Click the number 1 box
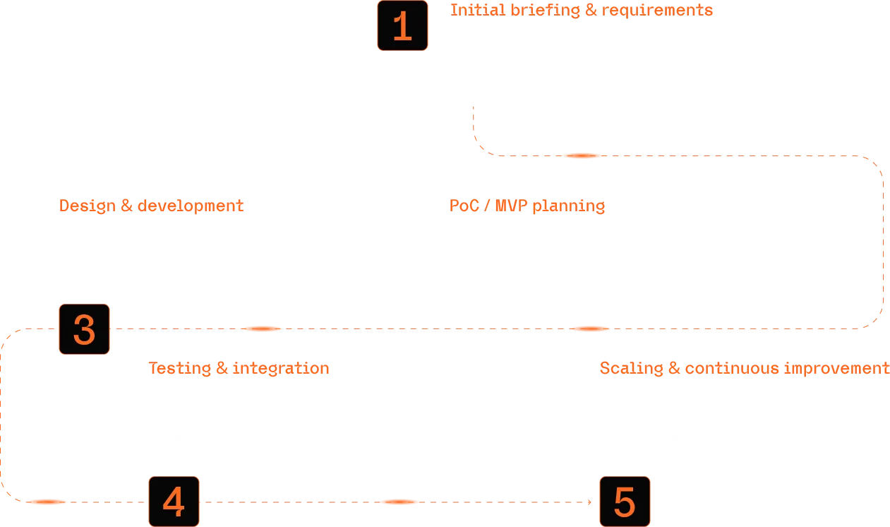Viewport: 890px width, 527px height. point(402,26)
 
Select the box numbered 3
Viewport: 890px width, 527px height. point(84,329)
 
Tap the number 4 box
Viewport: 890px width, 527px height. point(174,501)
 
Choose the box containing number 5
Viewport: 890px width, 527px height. point(624,501)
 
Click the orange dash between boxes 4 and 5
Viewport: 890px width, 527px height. point(399,503)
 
